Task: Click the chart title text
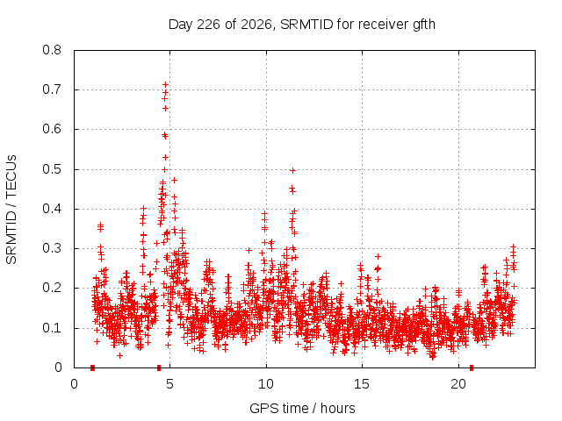point(302,25)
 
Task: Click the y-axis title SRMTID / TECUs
point(11,210)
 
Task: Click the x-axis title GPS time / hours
point(302,408)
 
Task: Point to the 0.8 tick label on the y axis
point(52,50)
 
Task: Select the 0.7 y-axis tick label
point(52,89)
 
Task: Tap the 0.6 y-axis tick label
point(52,129)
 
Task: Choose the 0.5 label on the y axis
point(52,169)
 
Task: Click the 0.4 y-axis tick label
point(52,209)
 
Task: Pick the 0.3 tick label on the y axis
point(52,248)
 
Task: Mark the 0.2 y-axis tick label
point(52,288)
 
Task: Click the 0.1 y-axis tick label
point(52,328)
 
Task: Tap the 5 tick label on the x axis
point(169,384)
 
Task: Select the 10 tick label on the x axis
point(266,384)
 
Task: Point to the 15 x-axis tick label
point(362,384)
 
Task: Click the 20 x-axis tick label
point(458,384)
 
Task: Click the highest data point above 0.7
point(166,84)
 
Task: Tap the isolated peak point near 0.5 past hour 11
point(292,171)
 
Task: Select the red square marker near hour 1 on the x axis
point(92,367)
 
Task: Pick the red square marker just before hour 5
point(159,367)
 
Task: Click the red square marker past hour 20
point(472,367)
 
